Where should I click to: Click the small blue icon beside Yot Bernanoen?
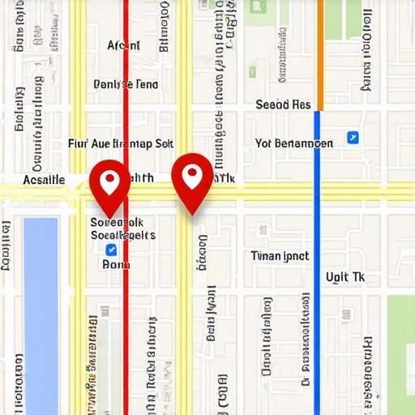click(x=353, y=138)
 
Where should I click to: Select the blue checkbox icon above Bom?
click(x=111, y=249)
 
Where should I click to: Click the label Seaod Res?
click(x=283, y=105)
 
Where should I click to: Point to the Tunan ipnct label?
click(x=280, y=255)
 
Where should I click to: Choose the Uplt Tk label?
click(x=346, y=276)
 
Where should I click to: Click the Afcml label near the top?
click(x=123, y=45)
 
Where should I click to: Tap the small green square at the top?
click(x=259, y=6)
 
